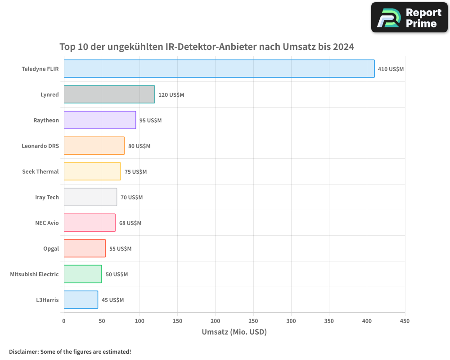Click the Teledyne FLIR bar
pyautogui.click(x=219, y=69)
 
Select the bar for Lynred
pyautogui.click(x=109, y=94)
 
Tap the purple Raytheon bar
pyautogui.click(x=100, y=120)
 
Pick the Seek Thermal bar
pyautogui.click(x=92, y=171)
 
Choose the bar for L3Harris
pyautogui.click(x=81, y=300)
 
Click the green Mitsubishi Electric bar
pyautogui.click(x=83, y=274)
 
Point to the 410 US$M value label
pyautogui.click(x=391, y=69)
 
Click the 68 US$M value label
pyautogui.click(x=130, y=223)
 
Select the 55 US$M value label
pyautogui.click(x=120, y=249)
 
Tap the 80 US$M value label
pyautogui.click(x=139, y=146)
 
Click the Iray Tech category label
pyautogui.click(x=47, y=198)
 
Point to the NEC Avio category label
pyautogui.click(x=47, y=223)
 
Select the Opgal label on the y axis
pyautogui.click(x=51, y=249)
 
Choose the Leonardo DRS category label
pyautogui.click(x=40, y=146)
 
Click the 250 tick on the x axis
pyautogui.click(x=253, y=321)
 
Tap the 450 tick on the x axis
pyautogui.click(x=405, y=321)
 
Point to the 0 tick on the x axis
pyautogui.click(x=64, y=321)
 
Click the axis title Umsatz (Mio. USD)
pyautogui.click(x=234, y=332)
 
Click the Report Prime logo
pyautogui.click(x=409, y=18)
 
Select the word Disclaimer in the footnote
pyautogui.click(x=23, y=352)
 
